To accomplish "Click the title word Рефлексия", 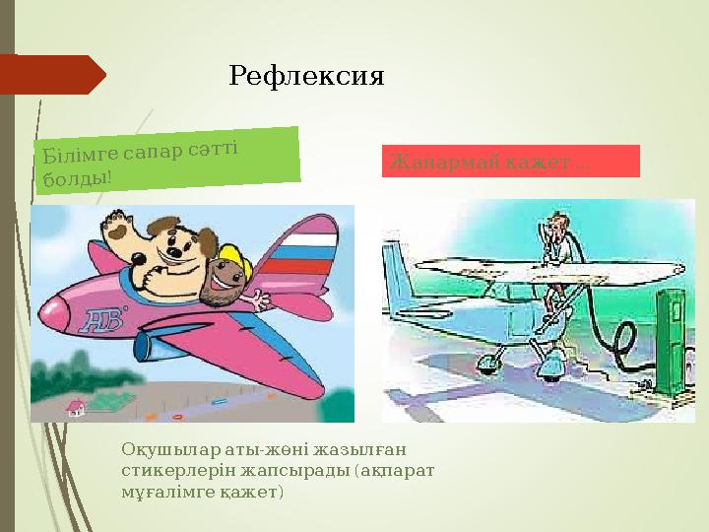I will tap(305, 75).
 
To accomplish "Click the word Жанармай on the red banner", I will tap(431, 162).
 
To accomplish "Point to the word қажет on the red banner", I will tap(542, 162).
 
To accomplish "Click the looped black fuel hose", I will tap(621, 345).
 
